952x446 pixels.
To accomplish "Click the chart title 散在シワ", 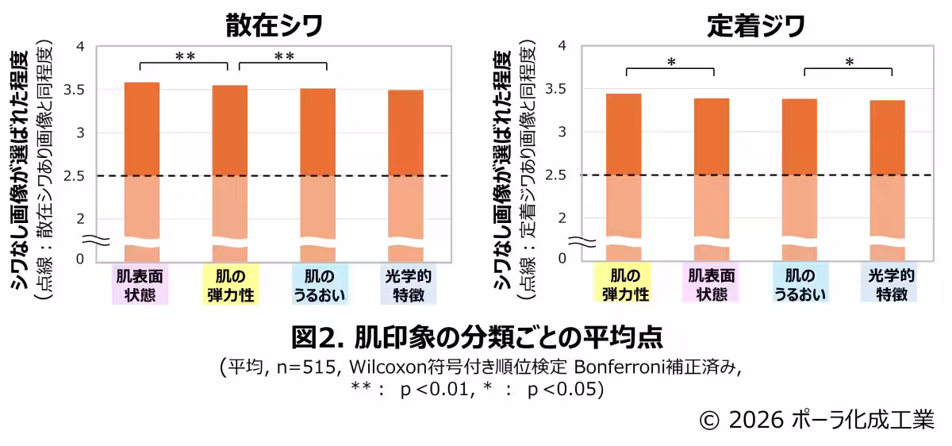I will tap(274, 25).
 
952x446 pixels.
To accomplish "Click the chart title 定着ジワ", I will tap(755, 25).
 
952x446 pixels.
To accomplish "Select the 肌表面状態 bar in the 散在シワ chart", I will tap(142, 159).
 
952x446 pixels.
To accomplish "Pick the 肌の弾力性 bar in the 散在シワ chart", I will tap(230, 159).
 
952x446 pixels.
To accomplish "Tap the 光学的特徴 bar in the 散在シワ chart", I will tap(405, 159).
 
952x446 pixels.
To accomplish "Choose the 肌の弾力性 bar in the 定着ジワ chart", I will tap(624, 159).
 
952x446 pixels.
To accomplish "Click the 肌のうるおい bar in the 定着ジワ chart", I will tap(799, 159).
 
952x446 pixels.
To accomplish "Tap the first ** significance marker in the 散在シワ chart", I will tap(185, 56).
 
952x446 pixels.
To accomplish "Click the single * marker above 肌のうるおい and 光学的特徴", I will tap(849, 62).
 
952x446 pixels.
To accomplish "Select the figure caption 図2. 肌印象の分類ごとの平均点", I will tap(476, 336).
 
